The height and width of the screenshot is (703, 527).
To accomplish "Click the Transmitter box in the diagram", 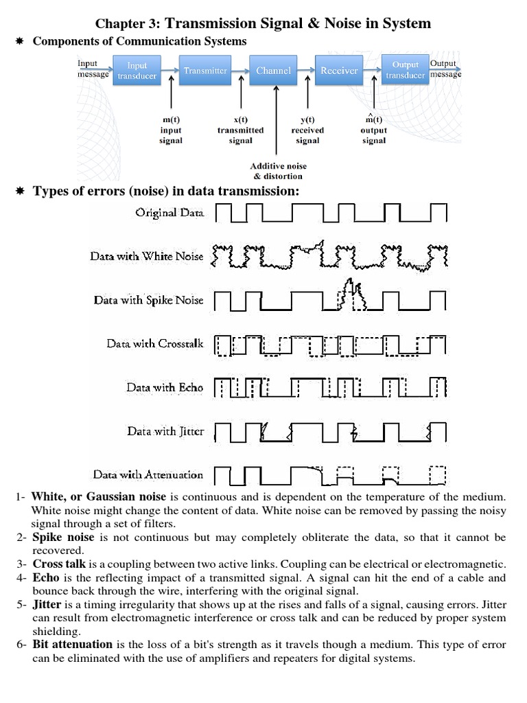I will (x=205, y=70).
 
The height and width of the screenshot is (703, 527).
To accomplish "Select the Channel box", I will (x=274, y=70).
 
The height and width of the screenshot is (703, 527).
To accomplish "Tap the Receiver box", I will (x=339, y=70).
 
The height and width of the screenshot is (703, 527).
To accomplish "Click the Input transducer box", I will (x=137, y=70).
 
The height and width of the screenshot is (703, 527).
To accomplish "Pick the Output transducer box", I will (x=405, y=70).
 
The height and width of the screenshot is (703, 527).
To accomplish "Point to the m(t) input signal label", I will (x=171, y=130).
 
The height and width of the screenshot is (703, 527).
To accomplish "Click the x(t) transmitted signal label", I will (x=240, y=130).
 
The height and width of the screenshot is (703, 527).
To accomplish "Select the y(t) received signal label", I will (x=307, y=130).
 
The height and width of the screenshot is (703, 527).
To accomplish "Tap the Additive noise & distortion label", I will (x=278, y=171).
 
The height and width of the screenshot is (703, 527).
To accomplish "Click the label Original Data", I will (x=169, y=213).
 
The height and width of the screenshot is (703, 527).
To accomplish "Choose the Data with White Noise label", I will (x=147, y=256).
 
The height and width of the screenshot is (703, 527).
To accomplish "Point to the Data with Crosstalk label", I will (x=155, y=343).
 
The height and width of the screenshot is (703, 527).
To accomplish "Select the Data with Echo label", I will (x=165, y=387).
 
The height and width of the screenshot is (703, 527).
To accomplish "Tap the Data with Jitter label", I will (x=165, y=431).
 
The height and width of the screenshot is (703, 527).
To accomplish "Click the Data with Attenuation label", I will (x=148, y=474).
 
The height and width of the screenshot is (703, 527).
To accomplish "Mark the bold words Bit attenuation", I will (x=72, y=644).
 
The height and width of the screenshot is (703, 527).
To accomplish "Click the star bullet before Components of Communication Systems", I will (x=20, y=42).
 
